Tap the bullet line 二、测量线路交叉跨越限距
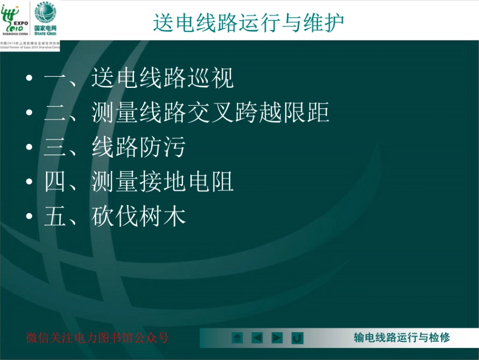click(x=187, y=113)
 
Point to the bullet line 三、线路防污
click(x=115, y=147)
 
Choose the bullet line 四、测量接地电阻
click(x=139, y=182)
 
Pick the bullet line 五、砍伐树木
click(x=115, y=216)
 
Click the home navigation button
click(x=237, y=338)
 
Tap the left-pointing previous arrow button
click(x=257, y=338)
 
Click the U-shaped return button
click(x=297, y=338)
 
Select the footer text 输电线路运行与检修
click(x=402, y=338)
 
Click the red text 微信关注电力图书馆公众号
click(x=97, y=338)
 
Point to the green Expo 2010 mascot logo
click(x=10, y=18)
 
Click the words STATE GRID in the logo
click(x=45, y=33)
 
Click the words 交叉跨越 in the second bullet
click(x=211, y=113)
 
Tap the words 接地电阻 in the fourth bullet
click(x=187, y=182)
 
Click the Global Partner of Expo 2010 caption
click(x=30, y=47)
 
